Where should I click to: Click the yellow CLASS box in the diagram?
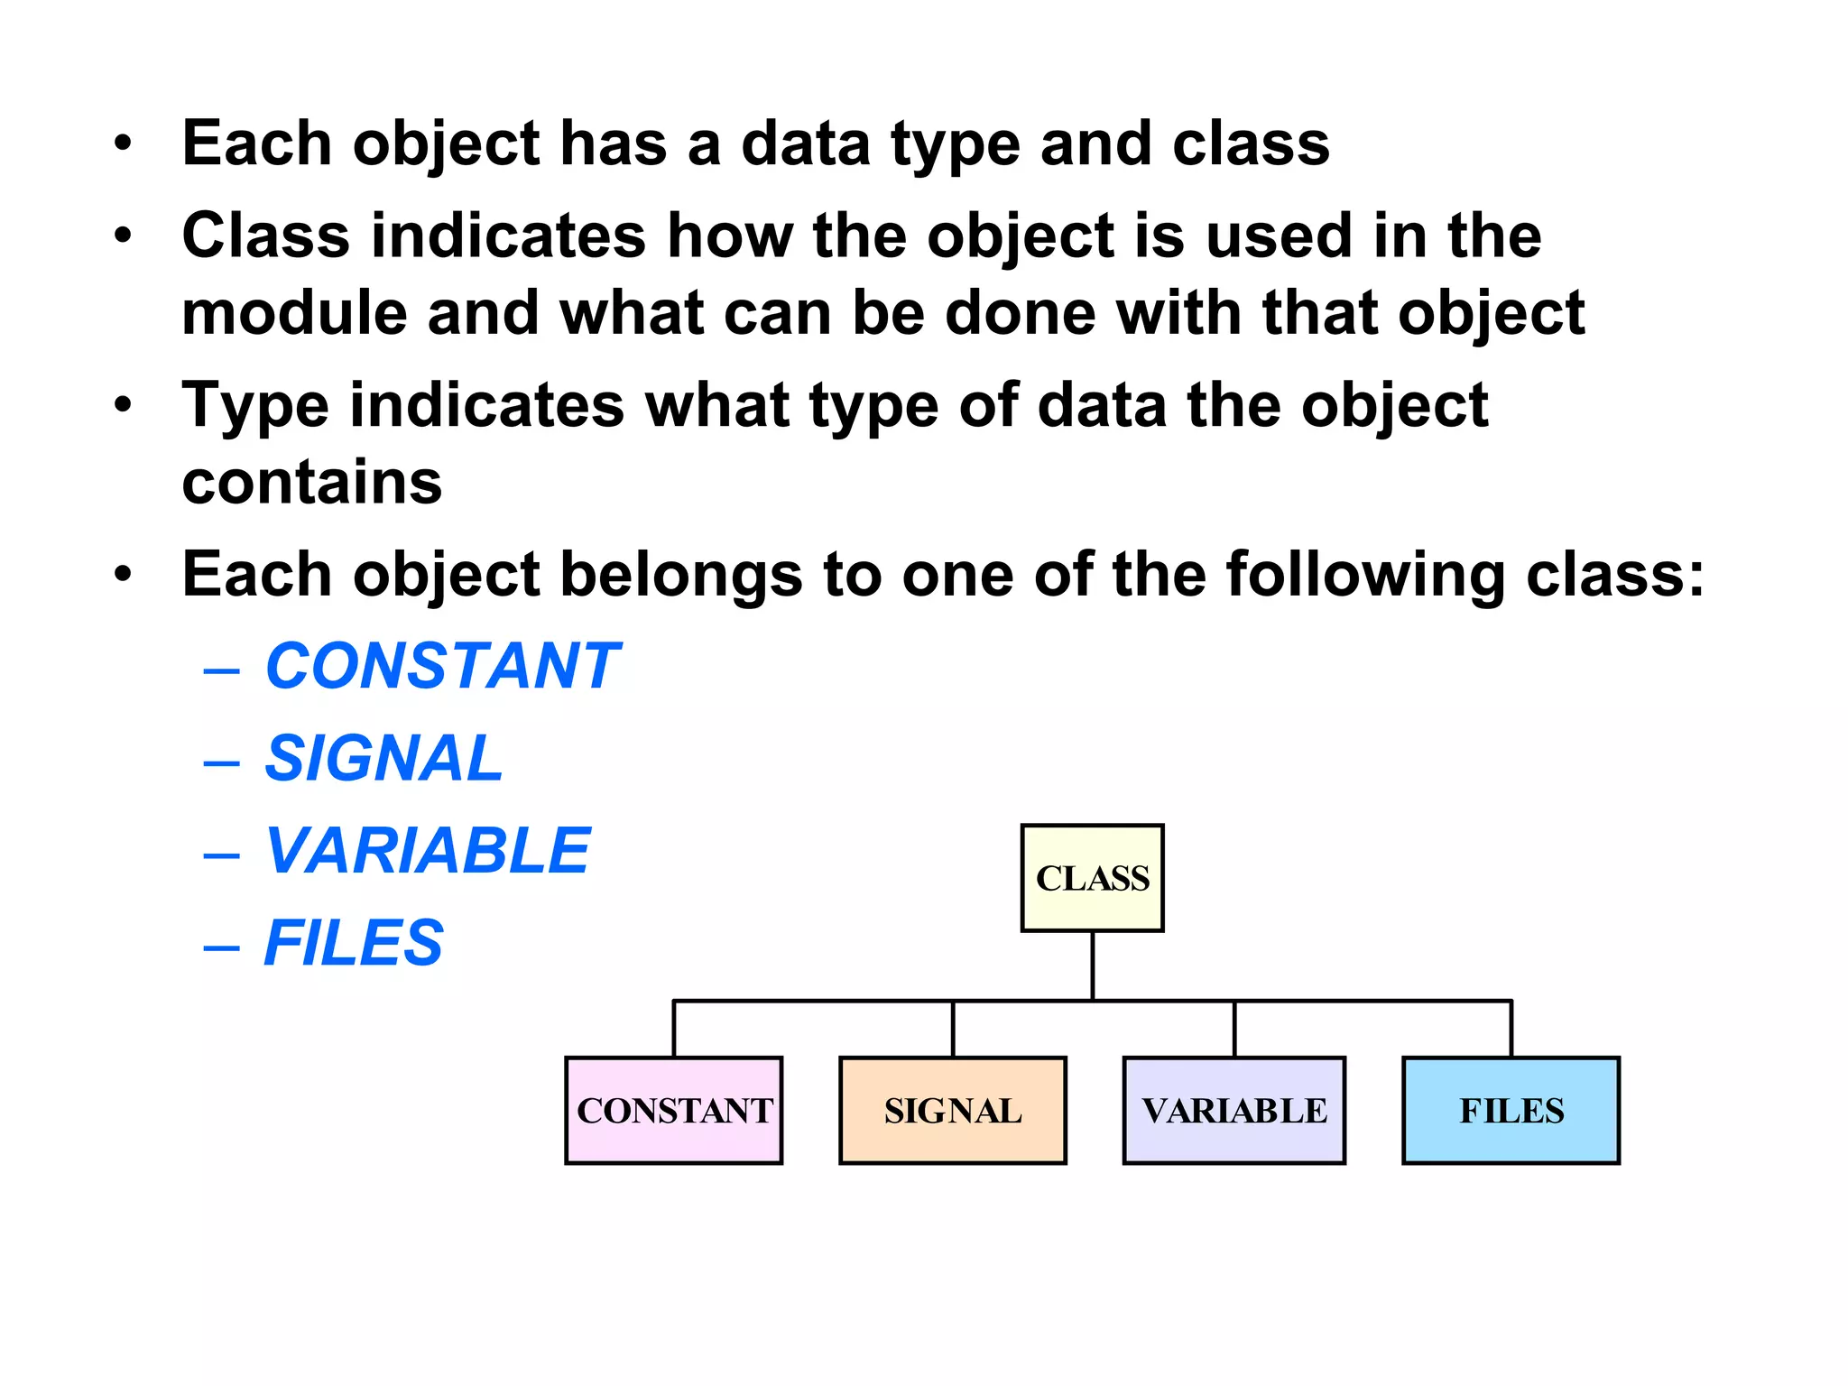1092,878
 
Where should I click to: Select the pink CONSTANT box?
674,1110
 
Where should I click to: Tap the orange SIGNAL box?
953,1110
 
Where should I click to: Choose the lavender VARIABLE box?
1234,1110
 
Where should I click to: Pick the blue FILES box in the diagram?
1511,1110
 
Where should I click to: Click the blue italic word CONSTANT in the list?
442,666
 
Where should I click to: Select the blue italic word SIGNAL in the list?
383,758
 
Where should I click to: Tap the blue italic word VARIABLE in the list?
428,851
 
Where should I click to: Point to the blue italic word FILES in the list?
354,943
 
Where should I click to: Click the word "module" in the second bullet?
293,313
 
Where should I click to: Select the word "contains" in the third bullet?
312,482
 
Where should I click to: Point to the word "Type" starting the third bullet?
255,406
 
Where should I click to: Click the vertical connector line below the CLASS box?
1093,966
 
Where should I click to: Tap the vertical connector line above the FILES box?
1511,1029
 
